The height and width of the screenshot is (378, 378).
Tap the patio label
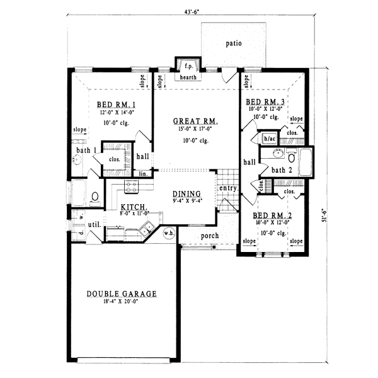pyautogui.click(x=234, y=43)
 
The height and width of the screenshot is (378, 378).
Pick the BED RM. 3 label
pyautogui.click(x=265, y=102)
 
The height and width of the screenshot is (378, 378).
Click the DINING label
pyautogui.click(x=185, y=194)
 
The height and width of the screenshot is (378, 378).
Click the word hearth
pyautogui.click(x=188, y=77)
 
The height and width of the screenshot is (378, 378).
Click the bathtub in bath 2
pyautogui.click(x=306, y=161)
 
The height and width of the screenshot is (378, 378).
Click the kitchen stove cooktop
pyautogui.click(x=132, y=186)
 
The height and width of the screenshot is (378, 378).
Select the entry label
pyautogui.click(x=227, y=188)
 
